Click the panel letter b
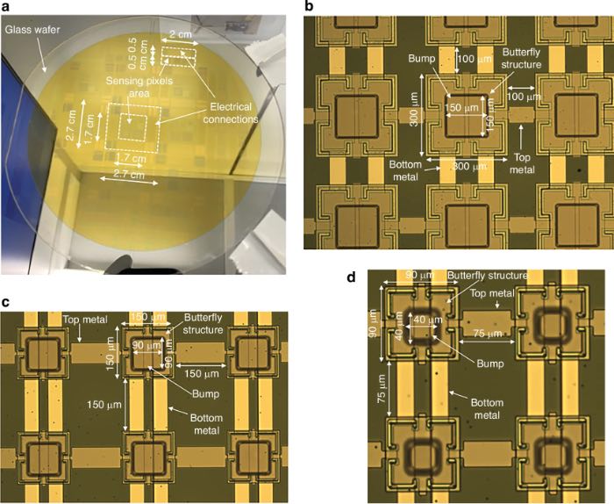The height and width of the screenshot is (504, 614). tap(309, 6)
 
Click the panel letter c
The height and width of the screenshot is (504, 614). tap(5, 302)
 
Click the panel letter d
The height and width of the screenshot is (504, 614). tap(352, 277)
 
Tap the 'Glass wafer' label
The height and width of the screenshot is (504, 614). tap(32, 29)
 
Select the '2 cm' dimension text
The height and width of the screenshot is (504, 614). tap(180, 34)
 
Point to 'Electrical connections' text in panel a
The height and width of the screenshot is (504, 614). tap(231, 113)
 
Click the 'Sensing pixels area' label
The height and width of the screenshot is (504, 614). tap(139, 87)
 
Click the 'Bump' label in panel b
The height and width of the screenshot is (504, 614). tap(422, 59)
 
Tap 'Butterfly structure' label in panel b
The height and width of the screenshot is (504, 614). tap(521, 58)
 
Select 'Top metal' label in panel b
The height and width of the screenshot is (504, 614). tap(522, 163)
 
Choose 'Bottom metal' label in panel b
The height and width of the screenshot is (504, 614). tap(405, 171)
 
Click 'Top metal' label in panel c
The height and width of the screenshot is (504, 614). tap(85, 320)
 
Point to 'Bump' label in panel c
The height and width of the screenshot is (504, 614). tap(205, 393)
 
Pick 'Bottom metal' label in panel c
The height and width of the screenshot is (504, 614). tap(207, 424)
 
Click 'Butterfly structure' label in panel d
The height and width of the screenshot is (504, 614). tap(488, 276)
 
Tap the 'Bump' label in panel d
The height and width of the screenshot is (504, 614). tap(489, 364)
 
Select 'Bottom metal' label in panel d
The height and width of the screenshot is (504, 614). tap(487, 409)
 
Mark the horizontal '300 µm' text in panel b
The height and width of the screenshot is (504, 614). tap(469, 167)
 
